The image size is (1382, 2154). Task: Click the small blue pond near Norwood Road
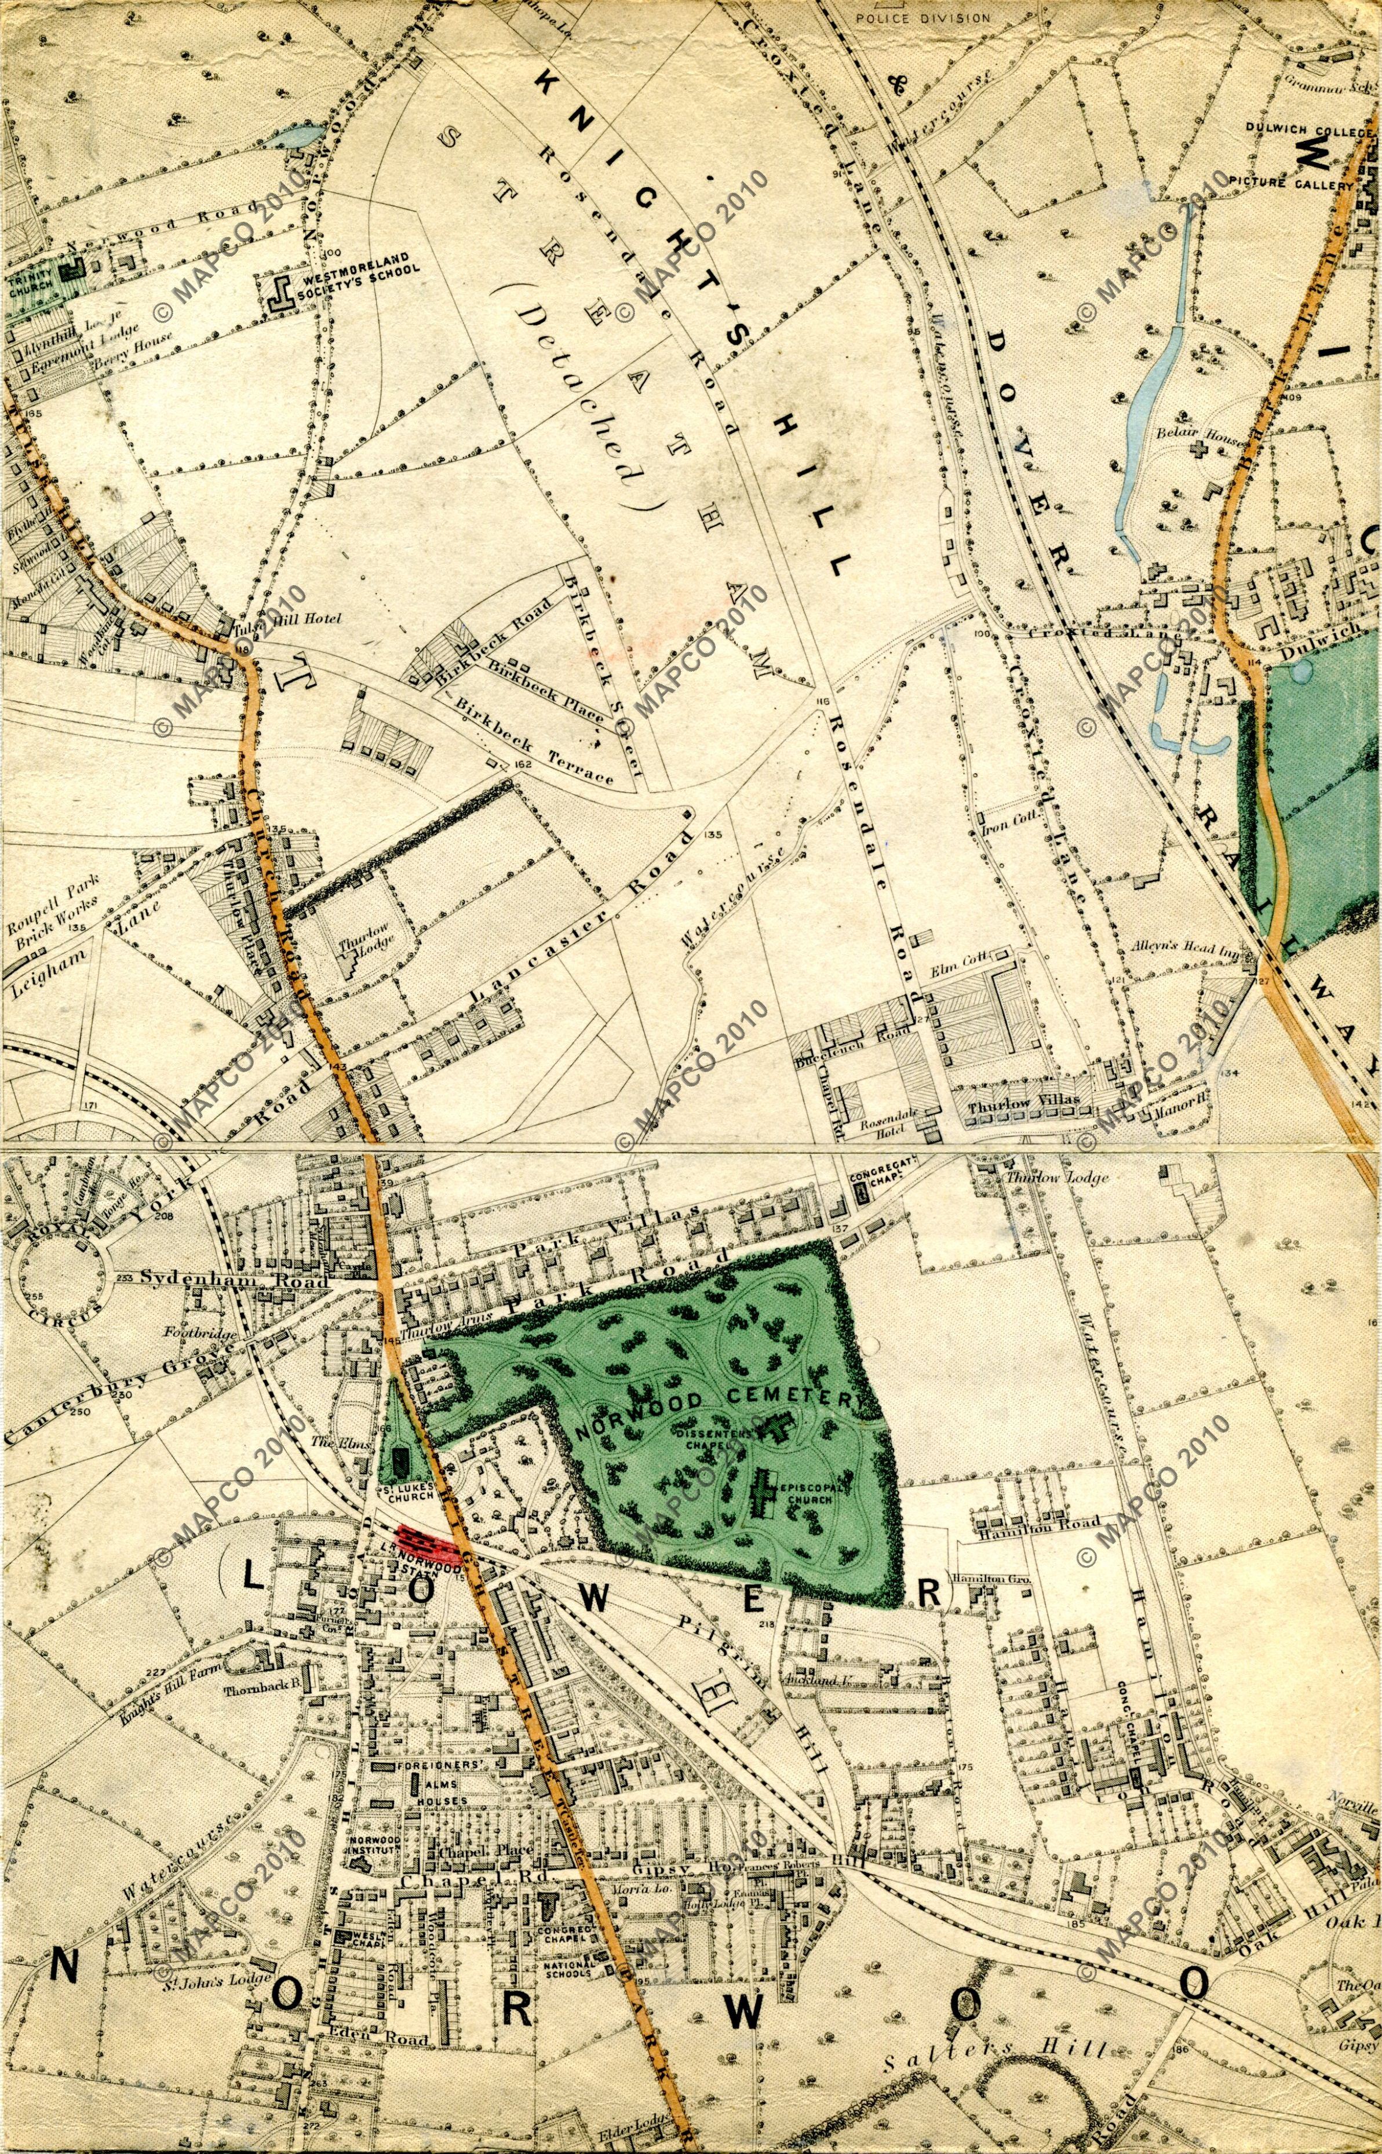(296, 137)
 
